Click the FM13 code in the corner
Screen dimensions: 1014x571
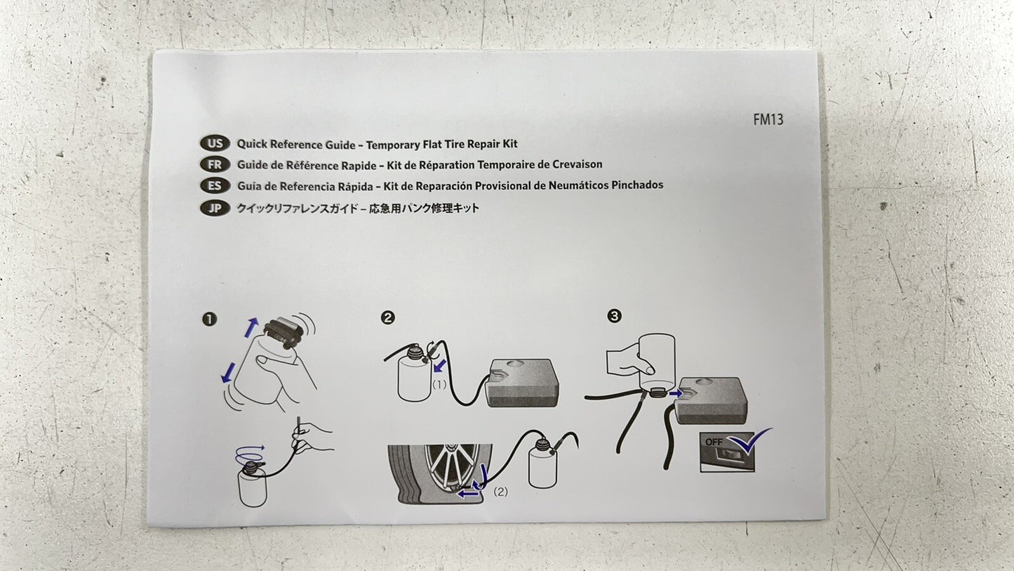pos(768,119)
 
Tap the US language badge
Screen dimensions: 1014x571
pos(215,144)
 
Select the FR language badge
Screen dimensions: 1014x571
pos(215,164)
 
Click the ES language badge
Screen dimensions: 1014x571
pos(215,186)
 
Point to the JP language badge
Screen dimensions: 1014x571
pos(215,208)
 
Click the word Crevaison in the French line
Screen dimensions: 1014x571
pos(577,164)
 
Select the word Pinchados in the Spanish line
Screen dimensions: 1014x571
pos(637,185)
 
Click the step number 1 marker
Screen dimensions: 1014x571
pos(209,320)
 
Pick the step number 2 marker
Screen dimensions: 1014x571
pos(388,317)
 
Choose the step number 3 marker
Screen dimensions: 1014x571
pos(614,316)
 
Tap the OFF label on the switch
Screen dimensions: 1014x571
pos(714,441)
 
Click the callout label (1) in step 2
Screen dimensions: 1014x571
pos(439,385)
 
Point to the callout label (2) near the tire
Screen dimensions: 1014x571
pos(500,491)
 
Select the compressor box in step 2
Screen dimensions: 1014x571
pos(522,383)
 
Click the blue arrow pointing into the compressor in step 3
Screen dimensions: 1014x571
pos(675,393)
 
